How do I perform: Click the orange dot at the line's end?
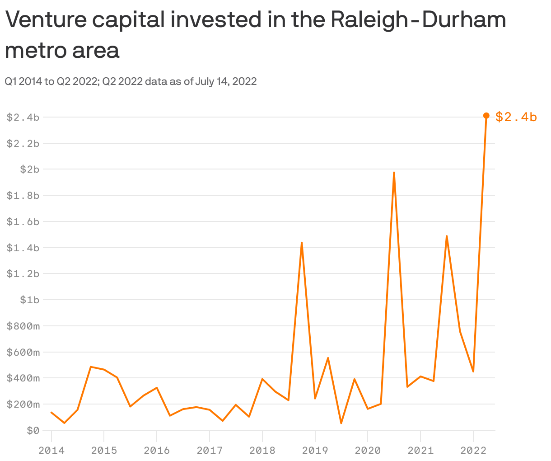486,116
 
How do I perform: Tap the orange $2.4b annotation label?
516,117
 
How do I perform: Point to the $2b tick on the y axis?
30,169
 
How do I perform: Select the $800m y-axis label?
23,326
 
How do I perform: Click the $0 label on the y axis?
33,430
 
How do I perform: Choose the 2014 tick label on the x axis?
51,451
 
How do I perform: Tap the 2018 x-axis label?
262,451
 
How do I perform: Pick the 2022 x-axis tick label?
473,451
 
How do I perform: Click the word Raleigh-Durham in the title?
418,20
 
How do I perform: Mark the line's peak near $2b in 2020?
394,173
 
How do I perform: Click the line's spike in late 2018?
301,243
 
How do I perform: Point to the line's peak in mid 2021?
446,236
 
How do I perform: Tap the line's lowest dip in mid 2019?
341,423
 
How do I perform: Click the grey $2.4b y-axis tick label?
23,118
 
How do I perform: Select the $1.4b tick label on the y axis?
23,248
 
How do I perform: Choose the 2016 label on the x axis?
156,451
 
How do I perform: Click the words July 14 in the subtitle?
211,81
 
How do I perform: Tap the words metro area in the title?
62,50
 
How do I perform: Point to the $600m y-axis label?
23,352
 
